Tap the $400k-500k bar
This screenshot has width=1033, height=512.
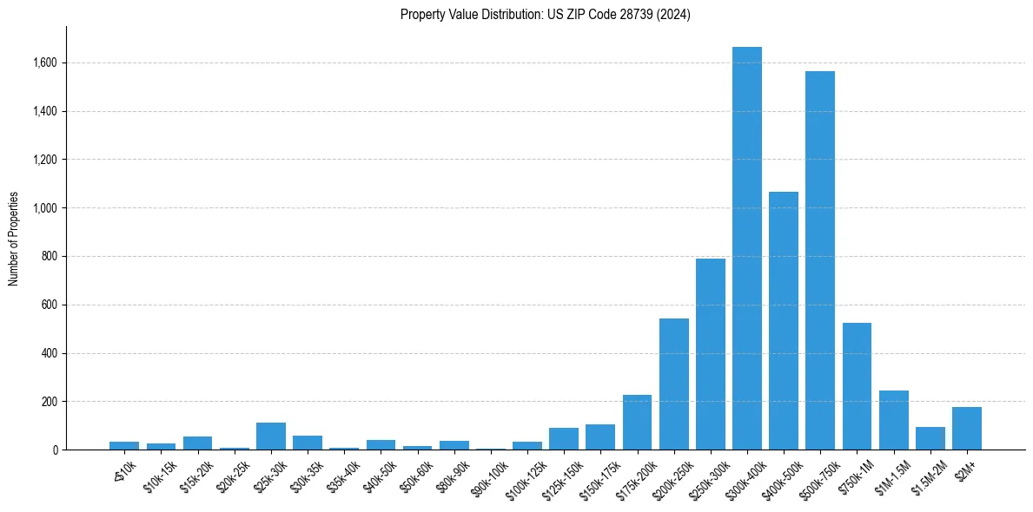pyautogui.click(x=783, y=321)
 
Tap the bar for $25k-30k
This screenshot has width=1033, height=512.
pyautogui.click(x=271, y=437)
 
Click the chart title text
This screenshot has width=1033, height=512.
pyautogui.click(x=546, y=15)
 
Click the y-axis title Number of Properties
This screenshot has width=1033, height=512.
pyautogui.click(x=14, y=239)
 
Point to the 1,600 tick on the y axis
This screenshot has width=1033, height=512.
pyautogui.click(x=45, y=63)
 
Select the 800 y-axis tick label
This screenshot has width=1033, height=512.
pyautogui.click(x=50, y=257)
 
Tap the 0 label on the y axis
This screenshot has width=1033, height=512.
pyautogui.click(x=55, y=450)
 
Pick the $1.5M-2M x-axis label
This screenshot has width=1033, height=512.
pyautogui.click(x=928, y=474)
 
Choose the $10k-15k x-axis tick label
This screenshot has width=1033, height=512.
pyautogui.click(x=159, y=473)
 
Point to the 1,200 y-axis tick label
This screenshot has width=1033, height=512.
pyautogui.click(x=45, y=160)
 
